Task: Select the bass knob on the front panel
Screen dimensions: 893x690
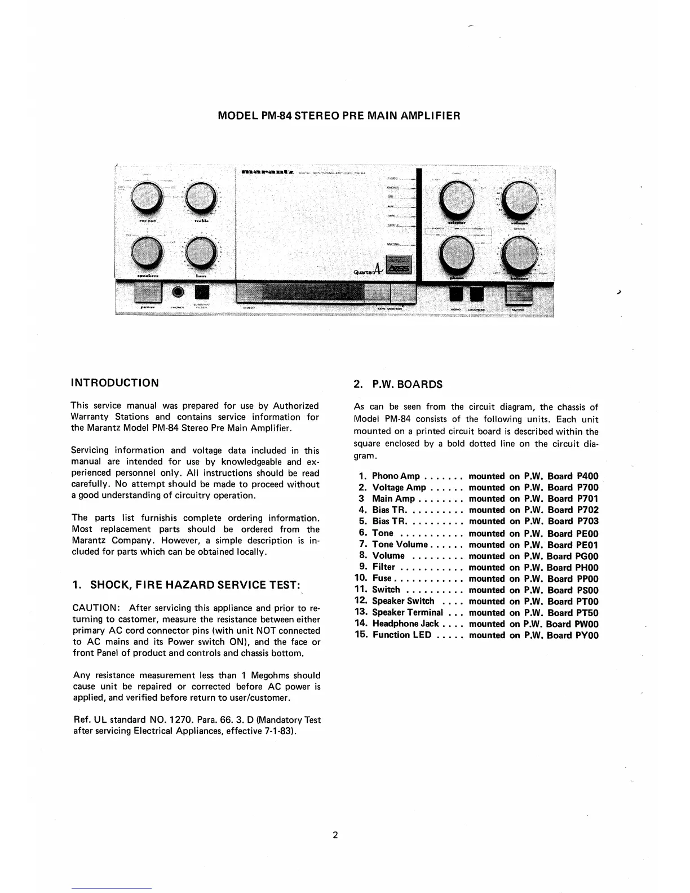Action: [x=200, y=251]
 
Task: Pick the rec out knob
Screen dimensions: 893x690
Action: [x=145, y=198]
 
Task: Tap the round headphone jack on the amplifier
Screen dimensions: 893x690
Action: [x=179, y=292]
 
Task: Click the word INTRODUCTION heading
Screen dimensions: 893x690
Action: [x=114, y=383]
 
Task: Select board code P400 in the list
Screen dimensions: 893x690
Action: [x=588, y=476]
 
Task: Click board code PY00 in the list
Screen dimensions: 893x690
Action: [x=588, y=635]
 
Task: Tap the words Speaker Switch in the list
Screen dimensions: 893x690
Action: [x=403, y=602]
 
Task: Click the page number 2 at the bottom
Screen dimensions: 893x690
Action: [x=335, y=835]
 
